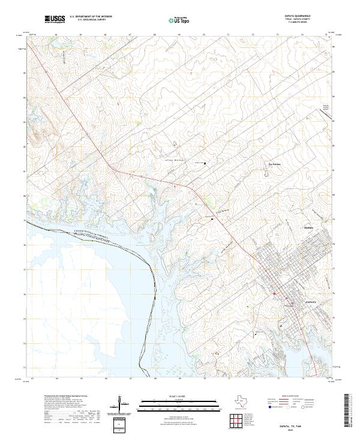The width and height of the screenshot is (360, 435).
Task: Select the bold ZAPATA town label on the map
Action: (311, 301)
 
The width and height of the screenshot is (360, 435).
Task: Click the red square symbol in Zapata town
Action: (275, 293)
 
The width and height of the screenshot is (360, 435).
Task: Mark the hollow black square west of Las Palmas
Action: (205, 163)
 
